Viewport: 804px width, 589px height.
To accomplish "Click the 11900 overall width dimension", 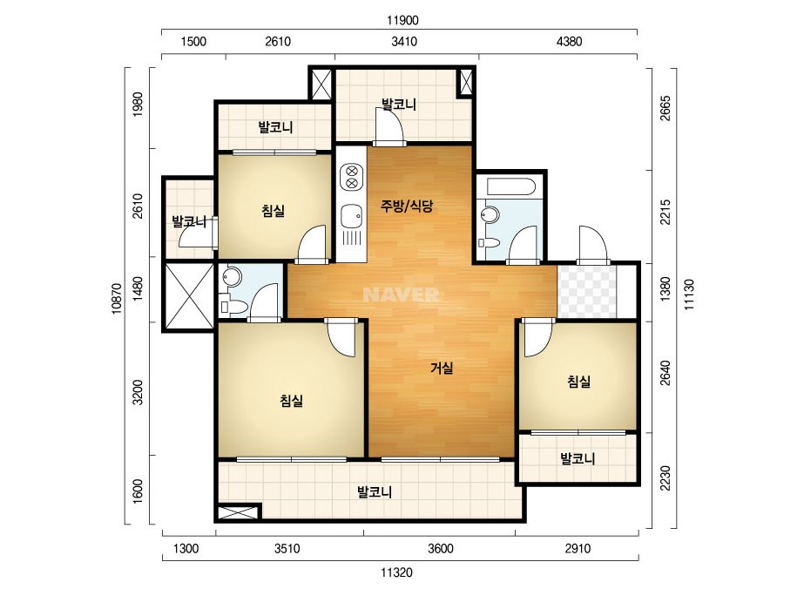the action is pyautogui.click(x=402, y=21).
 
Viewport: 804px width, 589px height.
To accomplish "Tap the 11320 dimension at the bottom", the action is pyautogui.click(x=397, y=572).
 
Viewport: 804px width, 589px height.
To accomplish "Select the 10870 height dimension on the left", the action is pyautogui.click(x=117, y=299).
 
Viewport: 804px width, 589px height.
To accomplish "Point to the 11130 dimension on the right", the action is pyautogui.click(x=689, y=294).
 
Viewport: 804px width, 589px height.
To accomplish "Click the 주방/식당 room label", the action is pyautogui.click(x=407, y=206).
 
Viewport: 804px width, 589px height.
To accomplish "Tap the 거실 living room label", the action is pyautogui.click(x=442, y=368).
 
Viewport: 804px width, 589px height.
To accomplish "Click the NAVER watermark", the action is pyautogui.click(x=401, y=294).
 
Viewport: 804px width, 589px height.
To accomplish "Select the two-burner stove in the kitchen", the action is pyautogui.click(x=352, y=176).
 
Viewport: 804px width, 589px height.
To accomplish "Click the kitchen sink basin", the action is pyautogui.click(x=352, y=215).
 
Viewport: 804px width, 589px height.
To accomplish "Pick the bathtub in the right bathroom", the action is pyautogui.click(x=511, y=186).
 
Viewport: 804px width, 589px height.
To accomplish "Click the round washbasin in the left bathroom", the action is pyautogui.click(x=232, y=277).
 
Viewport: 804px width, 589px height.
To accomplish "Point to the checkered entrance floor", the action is pyautogui.click(x=586, y=290).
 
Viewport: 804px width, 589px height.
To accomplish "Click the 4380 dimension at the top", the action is pyautogui.click(x=569, y=42).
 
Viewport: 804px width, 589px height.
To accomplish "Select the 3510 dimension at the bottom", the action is pyautogui.click(x=287, y=548).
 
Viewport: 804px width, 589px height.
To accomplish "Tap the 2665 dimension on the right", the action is pyautogui.click(x=665, y=108).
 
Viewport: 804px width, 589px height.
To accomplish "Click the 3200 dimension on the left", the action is pyautogui.click(x=138, y=392).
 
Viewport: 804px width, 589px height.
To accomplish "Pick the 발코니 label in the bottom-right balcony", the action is pyautogui.click(x=578, y=458).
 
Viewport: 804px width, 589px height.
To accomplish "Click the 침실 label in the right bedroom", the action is pyautogui.click(x=579, y=382).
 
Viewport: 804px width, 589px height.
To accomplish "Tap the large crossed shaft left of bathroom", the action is pyautogui.click(x=188, y=296).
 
